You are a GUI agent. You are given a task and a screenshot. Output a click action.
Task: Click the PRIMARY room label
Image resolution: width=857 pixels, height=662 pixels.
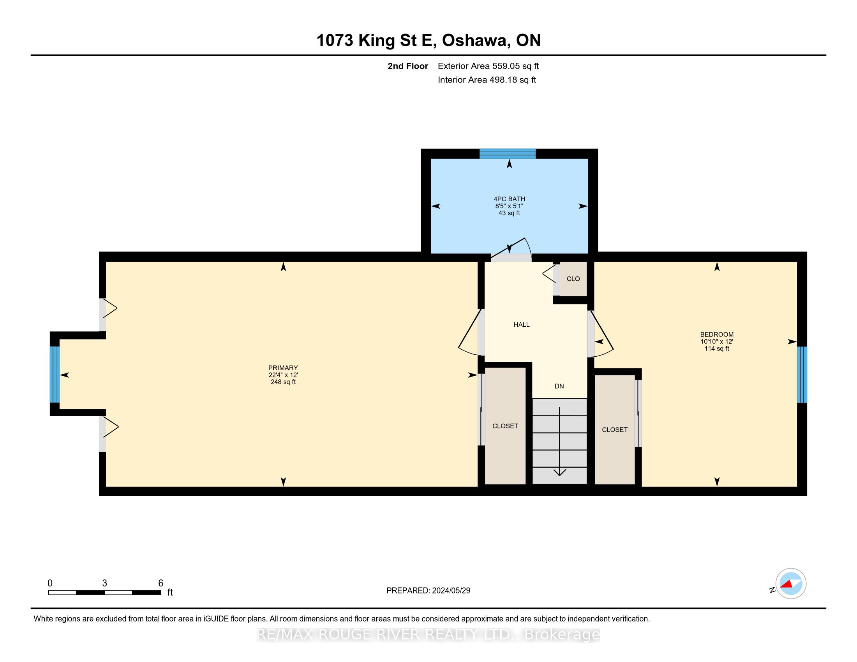click(283, 368)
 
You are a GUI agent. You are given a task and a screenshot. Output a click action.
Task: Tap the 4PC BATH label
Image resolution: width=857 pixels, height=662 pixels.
click(510, 199)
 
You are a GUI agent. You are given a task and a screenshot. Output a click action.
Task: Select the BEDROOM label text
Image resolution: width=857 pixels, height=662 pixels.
click(716, 335)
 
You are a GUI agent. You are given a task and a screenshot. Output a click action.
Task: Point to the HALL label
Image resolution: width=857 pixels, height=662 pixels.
click(522, 324)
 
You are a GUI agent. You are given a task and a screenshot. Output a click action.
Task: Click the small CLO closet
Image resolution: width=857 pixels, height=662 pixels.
click(573, 279)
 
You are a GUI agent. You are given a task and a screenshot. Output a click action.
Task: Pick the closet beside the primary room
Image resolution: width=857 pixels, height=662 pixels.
click(505, 426)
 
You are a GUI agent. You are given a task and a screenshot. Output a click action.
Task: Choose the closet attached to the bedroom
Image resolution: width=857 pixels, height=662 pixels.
click(614, 430)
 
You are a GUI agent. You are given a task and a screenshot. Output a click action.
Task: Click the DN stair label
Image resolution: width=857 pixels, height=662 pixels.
click(559, 386)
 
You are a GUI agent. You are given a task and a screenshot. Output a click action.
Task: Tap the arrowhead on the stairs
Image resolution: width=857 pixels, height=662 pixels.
click(559, 472)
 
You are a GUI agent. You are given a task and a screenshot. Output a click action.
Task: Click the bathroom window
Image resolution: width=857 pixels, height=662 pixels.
click(507, 154)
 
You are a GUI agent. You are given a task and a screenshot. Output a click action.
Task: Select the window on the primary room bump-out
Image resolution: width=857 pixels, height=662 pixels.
click(55, 375)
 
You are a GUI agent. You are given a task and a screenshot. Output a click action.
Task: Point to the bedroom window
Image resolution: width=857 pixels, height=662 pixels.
click(802, 375)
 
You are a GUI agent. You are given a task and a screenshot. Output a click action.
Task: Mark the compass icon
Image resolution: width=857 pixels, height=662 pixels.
click(791, 584)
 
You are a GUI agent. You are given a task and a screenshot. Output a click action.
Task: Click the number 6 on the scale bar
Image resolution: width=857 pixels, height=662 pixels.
click(160, 583)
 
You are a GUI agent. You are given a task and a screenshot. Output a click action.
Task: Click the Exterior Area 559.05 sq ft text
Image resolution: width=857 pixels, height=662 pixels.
click(488, 66)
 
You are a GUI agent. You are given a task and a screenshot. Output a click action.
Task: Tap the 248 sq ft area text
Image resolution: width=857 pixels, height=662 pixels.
click(283, 382)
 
